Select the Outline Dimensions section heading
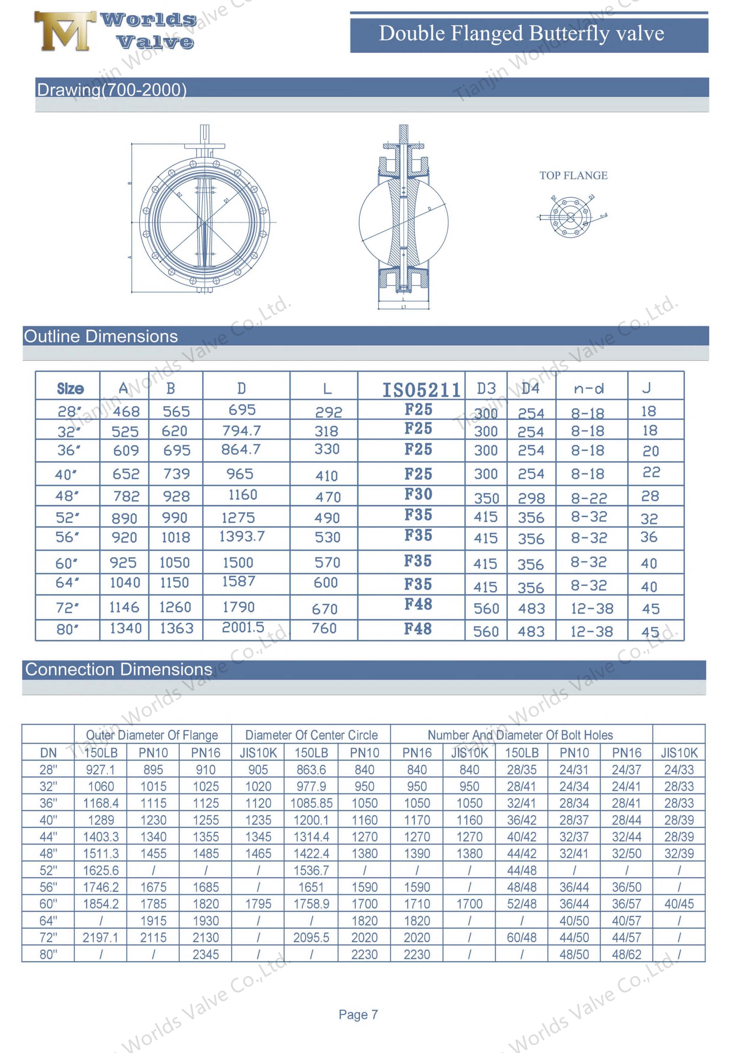tap(101, 337)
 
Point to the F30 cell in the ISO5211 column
tap(418, 494)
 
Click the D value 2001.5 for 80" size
tap(243, 627)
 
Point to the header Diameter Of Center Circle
tap(311, 735)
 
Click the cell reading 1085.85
tap(311, 803)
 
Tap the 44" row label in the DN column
tap(49, 837)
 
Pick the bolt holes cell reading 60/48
tap(521, 937)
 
